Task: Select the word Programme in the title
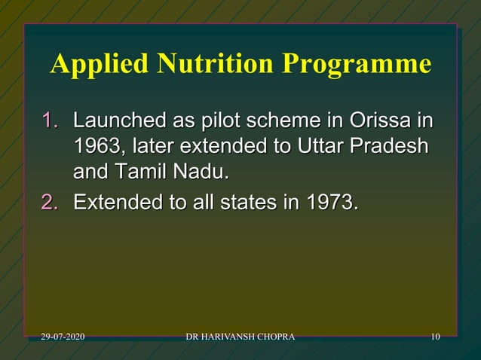click(357, 66)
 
